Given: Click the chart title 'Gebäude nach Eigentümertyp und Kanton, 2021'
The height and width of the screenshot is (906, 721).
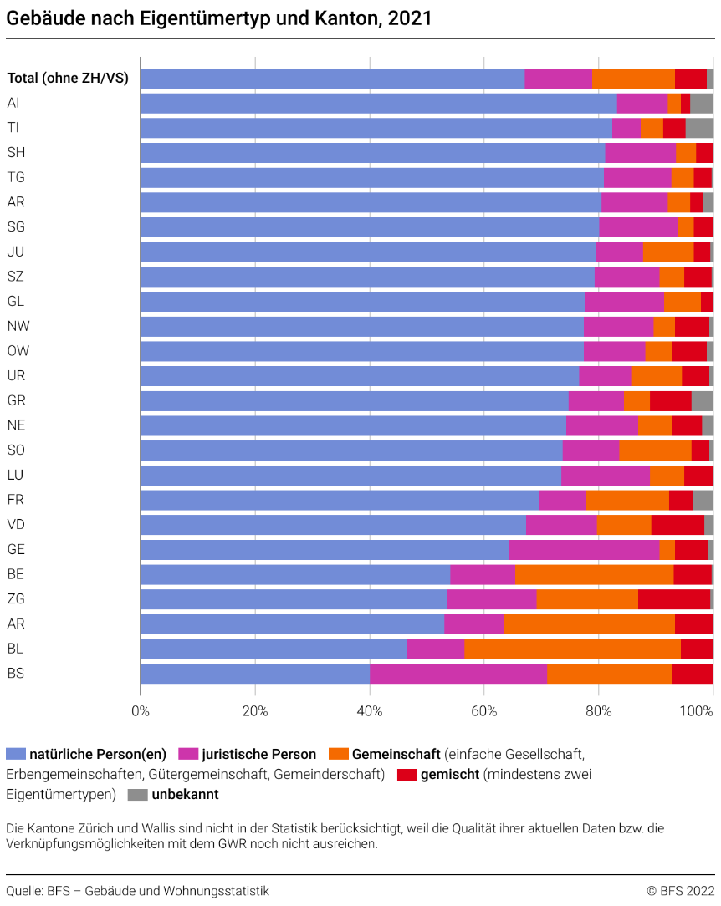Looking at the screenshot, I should click(x=219, y=18).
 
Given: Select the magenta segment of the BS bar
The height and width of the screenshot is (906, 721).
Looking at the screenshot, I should click(x=458, y=674).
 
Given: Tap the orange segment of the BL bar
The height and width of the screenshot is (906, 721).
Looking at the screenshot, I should click(x=572, y=649).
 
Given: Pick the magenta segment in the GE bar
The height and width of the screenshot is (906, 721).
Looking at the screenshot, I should click(x=584, y=550).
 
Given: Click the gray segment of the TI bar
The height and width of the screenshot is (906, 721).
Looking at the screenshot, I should click(x=699, y=128).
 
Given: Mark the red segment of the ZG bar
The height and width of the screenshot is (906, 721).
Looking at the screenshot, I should click(x=673, y=599).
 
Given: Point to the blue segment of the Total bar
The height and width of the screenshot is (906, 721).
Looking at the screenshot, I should click(x=332, y=79).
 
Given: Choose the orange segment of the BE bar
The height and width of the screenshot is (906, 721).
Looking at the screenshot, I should click(x=594, y=574).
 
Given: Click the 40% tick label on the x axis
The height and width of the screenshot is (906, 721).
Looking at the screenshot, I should click(x=370, y=711).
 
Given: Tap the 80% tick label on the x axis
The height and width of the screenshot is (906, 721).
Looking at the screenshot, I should click(x=599, y=711).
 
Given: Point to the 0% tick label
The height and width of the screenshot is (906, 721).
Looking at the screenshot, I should click(x=141, y=711).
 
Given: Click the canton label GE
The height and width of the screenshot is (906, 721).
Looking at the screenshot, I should click(x=15, y=549).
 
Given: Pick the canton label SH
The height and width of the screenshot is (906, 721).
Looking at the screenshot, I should click(x=15, y=152).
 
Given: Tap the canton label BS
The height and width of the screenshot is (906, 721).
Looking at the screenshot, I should click(x=15, y=673).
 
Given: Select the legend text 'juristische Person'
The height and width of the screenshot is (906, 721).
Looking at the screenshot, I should click(x=259, y=754).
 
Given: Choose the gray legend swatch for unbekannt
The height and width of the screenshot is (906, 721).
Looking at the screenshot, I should click(x=138, y=794).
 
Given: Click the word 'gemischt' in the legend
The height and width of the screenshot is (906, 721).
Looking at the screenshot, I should click(x=450, y=774).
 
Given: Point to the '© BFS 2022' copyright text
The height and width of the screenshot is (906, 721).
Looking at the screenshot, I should click(x=680, y=891).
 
